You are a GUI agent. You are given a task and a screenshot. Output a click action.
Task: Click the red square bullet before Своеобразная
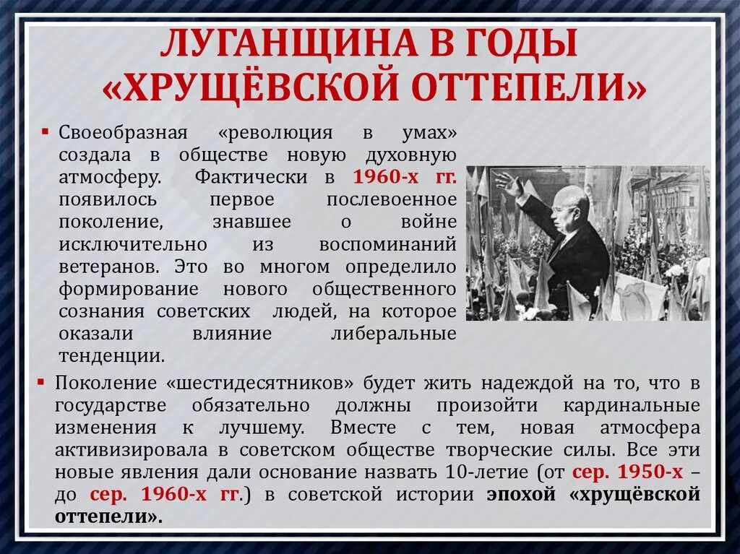pos(45,133)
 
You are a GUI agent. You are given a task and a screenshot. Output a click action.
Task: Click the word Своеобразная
pos(124,134)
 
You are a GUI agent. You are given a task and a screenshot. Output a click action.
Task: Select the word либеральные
pos(393,334)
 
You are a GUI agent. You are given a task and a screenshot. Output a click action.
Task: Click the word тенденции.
pos(112,356)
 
